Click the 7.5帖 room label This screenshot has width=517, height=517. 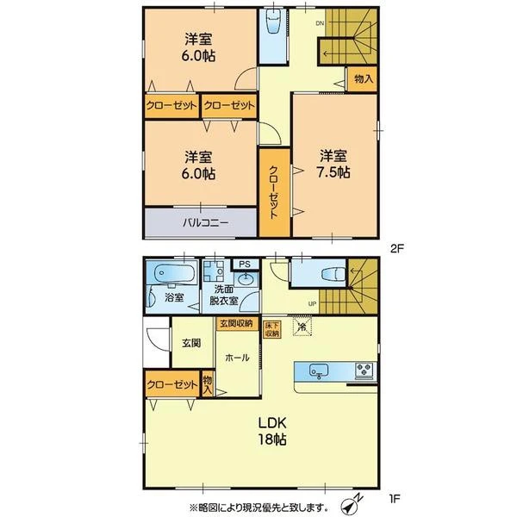[333, 164]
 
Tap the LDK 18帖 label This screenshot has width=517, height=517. [271, 431]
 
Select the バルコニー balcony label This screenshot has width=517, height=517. [205, 223]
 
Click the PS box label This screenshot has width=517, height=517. [245, 265]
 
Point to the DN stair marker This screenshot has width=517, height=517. [320, 23]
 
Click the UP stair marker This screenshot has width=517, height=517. [312, 303]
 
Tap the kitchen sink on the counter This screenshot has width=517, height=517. [319, 371]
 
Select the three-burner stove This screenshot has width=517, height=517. [364, 370]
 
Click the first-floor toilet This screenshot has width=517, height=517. [333, 274]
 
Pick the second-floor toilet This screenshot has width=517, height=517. [274, 21]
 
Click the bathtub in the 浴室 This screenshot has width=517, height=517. [171, 273]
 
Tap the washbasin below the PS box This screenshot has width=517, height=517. [246, 279]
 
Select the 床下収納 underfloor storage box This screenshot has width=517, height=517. [272, 329]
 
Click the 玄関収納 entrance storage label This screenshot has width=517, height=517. [236, 323]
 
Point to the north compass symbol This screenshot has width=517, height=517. [350, 506]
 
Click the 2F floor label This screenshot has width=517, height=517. [397, 248]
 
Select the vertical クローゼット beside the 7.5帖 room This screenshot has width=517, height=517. [275, 193]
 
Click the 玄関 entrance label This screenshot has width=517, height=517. [191, 343]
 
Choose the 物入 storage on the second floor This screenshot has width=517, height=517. [364, 79]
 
